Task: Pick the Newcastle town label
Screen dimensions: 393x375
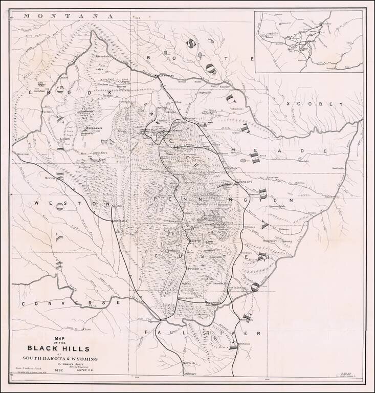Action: coord(119,221)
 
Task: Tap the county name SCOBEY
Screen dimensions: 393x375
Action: coord(310,104)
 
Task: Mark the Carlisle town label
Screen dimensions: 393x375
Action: coord(33,111)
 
